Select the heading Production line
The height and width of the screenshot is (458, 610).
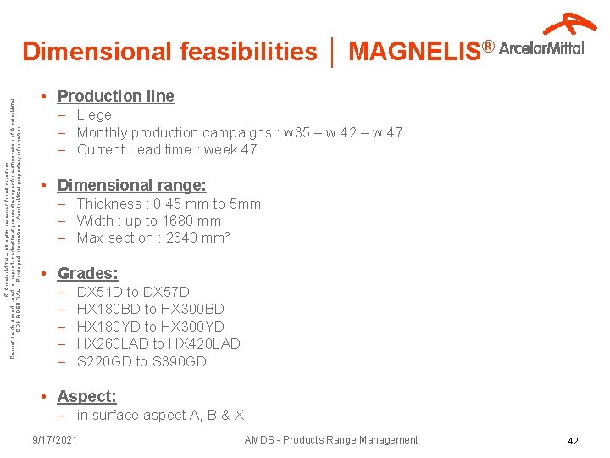click(115, 96)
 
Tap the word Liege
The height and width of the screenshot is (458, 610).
click(94, 114)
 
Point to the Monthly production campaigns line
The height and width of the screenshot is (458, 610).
click(239, 132)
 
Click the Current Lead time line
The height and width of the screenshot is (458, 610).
click(166, 150)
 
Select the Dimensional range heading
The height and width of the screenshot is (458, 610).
click(131, 185)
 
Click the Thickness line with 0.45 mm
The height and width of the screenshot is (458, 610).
click(169, 204)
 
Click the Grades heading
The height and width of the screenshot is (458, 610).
click(87, 273)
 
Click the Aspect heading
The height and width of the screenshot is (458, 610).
click(86, 396)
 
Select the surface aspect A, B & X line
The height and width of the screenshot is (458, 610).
click(160, 415)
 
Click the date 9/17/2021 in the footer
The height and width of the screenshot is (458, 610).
click(54, 439)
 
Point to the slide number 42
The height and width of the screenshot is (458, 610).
click(573, 441)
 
